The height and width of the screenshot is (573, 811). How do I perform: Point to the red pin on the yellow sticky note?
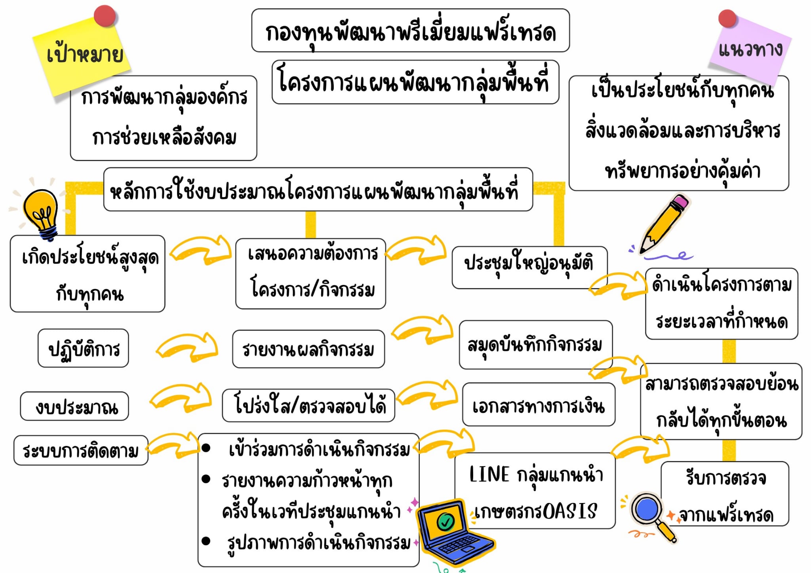[x=105, y=16]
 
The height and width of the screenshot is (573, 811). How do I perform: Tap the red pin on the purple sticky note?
[x=727, y=19]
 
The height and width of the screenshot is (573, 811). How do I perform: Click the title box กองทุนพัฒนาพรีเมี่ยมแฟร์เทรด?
[x=410, y=31]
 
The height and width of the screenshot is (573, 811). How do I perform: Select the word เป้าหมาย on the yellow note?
[x=84, y=54]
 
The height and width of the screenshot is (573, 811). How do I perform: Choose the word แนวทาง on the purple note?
[x=750, y=49]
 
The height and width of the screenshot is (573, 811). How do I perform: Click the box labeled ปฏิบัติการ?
[x=83, y=349]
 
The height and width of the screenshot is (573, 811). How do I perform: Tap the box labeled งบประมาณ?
[x=74, y=406]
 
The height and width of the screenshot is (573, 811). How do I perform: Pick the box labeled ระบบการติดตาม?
[x=81, y=450]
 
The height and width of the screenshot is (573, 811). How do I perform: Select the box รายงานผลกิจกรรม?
[x=308, y=349]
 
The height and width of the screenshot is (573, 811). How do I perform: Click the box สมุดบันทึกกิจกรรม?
[x=535, y=345]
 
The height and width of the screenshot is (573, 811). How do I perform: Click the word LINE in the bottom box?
[x=489, y=474]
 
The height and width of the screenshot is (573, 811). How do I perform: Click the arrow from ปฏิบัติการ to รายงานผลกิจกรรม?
[x=187, y=347]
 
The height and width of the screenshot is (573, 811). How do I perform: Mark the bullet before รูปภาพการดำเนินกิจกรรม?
[x=206, y=541]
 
